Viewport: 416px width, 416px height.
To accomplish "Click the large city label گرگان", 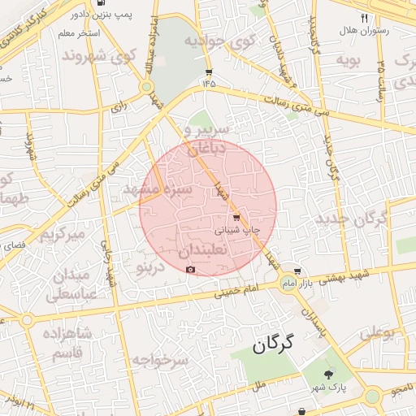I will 282,345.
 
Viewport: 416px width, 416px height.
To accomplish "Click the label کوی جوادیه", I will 220,41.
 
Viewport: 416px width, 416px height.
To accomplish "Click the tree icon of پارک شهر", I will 328,374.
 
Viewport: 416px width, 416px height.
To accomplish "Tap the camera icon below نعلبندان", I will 191,269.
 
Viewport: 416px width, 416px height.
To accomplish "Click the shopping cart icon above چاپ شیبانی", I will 236,217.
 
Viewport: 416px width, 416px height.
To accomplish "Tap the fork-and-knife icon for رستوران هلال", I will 364,17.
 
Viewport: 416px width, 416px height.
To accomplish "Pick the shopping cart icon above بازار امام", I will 298,271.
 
